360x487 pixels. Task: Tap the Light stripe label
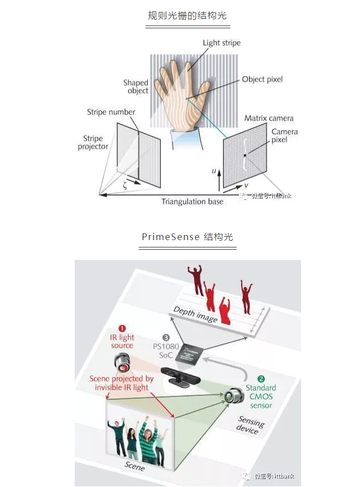click(222, 43)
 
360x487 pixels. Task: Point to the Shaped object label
click(136, 87)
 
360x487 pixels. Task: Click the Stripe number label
click(112, 112)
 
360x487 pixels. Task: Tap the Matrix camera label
click(269, 118)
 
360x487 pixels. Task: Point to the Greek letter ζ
click(126, 184)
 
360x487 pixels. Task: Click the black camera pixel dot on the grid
click(245, 155)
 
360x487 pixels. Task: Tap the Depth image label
click(195, 315)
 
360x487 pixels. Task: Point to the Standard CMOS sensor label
click(261, 396)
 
